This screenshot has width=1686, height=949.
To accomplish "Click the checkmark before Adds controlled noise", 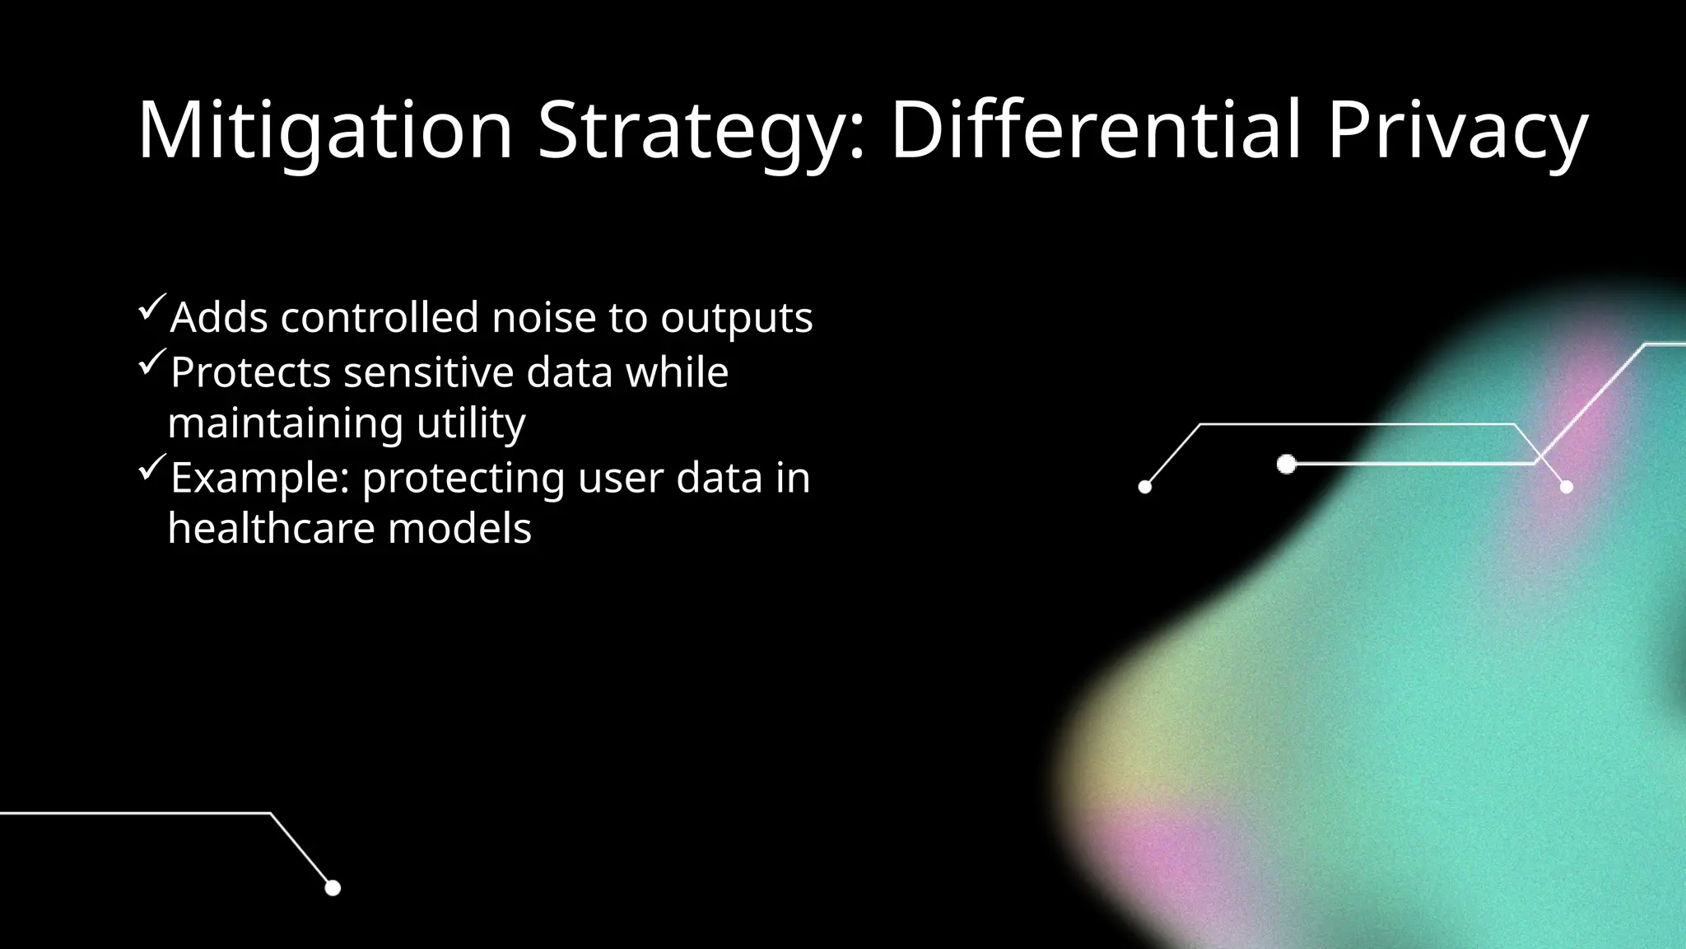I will [153, 307].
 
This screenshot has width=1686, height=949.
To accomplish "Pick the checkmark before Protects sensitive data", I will [153, 362].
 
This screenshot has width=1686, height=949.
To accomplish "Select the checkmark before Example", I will [153, 467].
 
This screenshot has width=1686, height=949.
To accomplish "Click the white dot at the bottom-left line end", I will [333, 888].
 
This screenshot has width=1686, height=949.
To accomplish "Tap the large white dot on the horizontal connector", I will [1287, 465].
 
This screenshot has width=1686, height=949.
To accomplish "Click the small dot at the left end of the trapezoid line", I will [1144, 487].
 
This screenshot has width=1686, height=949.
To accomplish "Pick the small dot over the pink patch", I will [1567, 487].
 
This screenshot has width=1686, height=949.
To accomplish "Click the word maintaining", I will [285, 425].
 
